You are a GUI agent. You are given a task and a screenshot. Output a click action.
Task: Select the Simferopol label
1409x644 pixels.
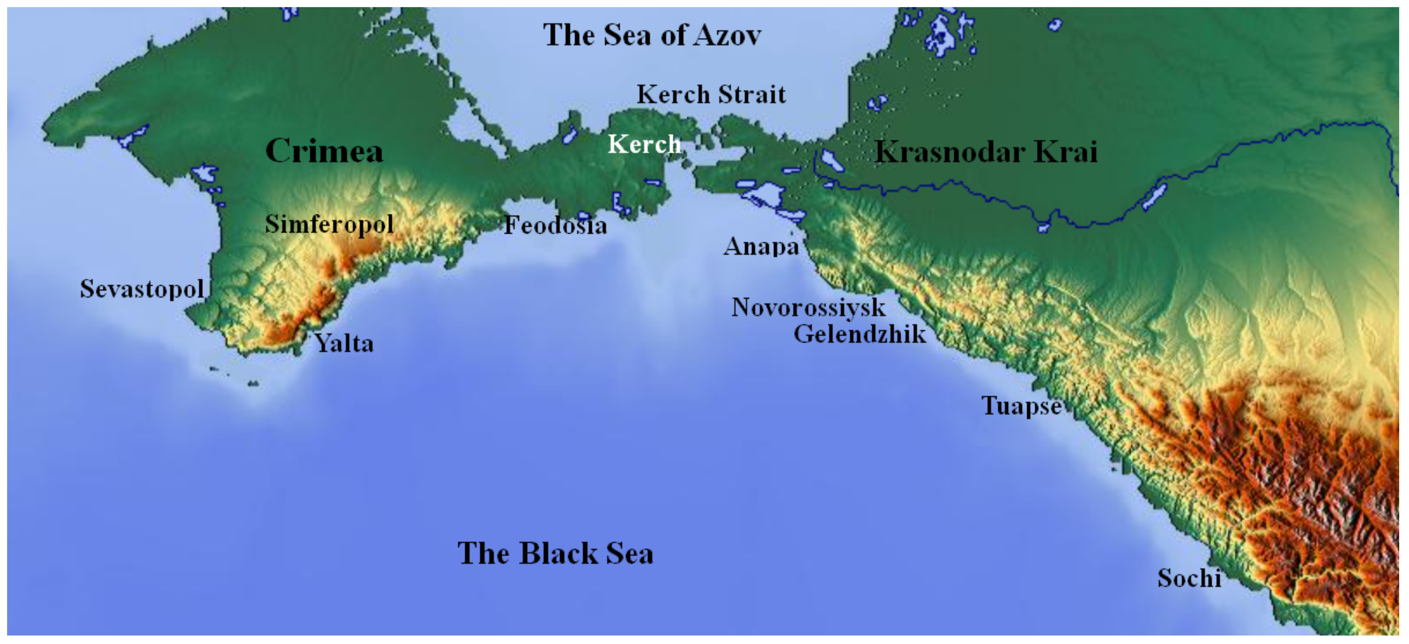tap(329, 224)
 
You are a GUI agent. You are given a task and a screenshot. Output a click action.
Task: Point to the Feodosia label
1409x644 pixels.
tap(555, 225)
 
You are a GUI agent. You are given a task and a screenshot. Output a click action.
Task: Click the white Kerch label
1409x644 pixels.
tap(644, 144)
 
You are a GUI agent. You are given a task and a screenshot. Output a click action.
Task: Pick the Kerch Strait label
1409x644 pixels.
tap(711, 95)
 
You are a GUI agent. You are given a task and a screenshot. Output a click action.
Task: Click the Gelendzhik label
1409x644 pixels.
tap(860, 334)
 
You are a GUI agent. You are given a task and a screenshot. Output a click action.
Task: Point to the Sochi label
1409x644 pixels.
tap(1189, 578)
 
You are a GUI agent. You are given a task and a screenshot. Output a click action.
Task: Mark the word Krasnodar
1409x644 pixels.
tap(949, 152)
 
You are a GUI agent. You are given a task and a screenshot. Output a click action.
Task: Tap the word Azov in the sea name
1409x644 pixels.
tap(728, 36)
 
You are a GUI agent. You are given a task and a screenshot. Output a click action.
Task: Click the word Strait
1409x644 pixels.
tap(752, 95)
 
